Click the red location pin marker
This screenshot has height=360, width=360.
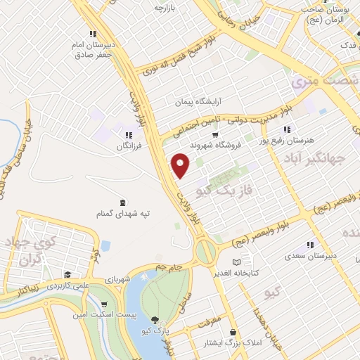pos(181,166)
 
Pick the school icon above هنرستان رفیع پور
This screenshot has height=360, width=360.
pos(286,129)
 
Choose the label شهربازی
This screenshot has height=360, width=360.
pos(116,279)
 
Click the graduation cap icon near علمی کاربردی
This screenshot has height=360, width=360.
pos(67,274)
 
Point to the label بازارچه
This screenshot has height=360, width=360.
pos(163,8)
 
